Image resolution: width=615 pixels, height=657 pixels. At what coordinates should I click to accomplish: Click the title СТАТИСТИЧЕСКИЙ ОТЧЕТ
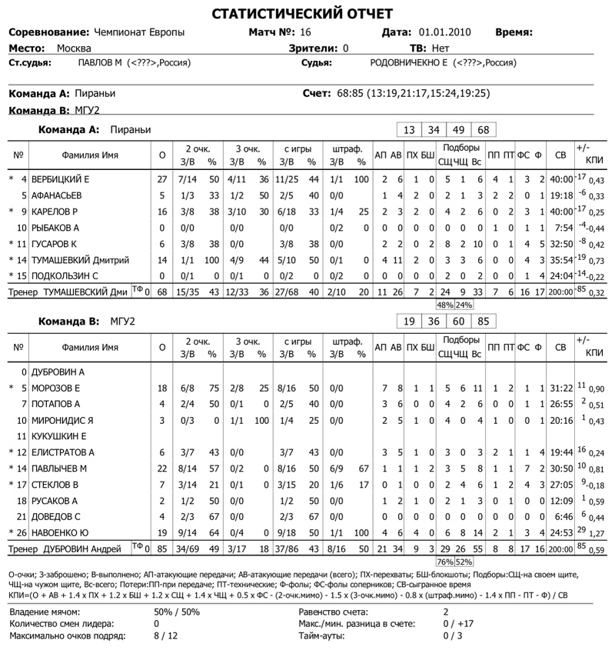pos(302,14)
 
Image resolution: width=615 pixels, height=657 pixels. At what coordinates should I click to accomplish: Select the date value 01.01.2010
pos(445,32)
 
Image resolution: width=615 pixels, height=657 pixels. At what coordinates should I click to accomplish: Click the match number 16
pos(305,32)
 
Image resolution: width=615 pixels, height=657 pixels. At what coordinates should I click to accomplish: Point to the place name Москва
pos(74,48)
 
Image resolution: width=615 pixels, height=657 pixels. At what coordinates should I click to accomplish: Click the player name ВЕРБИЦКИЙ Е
pos(61,178)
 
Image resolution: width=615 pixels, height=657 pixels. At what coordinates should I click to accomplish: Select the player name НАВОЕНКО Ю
pos(62,533)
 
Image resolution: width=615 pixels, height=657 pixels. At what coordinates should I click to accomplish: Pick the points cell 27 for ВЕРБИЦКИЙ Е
pos(161,178)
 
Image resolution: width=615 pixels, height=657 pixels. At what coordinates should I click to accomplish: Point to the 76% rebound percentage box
pos(445,562)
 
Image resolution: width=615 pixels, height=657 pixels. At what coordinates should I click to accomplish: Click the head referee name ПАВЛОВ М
pos(98,63)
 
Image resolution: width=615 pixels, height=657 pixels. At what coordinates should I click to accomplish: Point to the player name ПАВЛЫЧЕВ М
pos(60,468)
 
